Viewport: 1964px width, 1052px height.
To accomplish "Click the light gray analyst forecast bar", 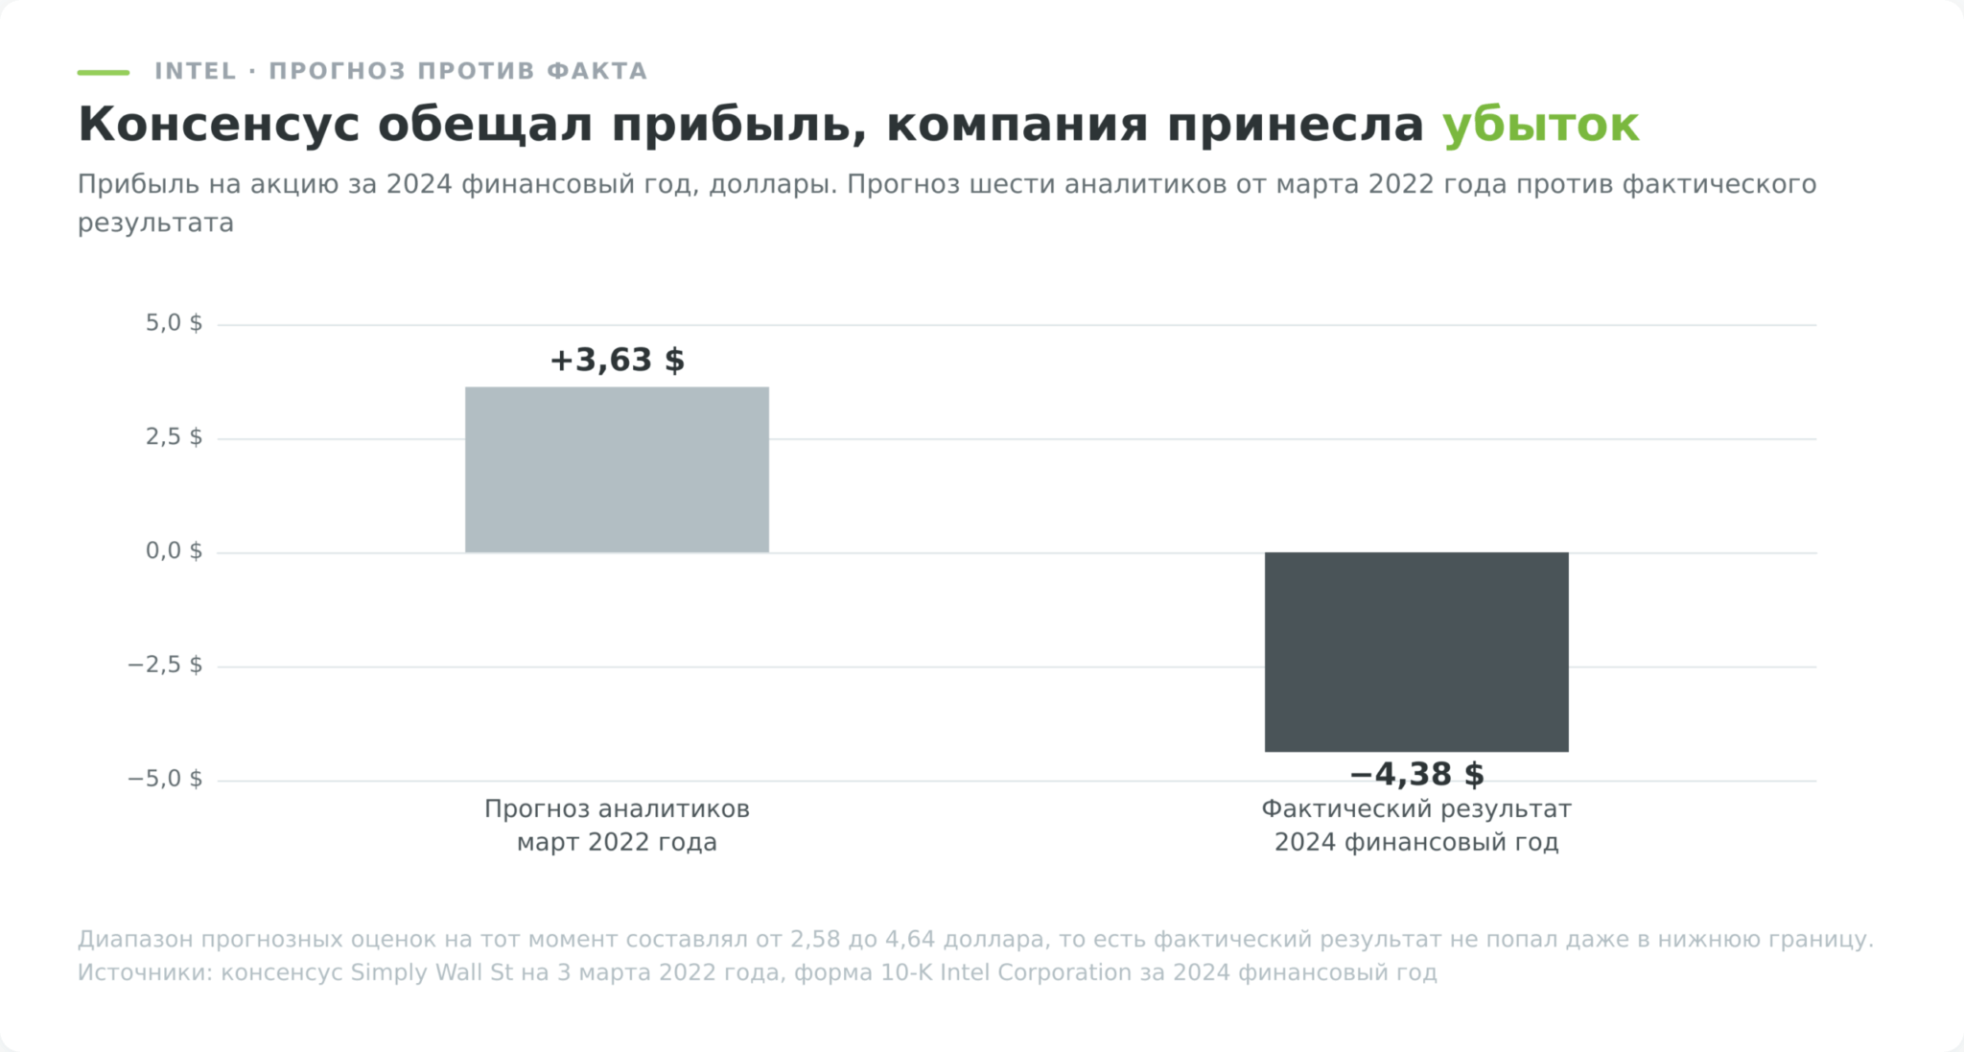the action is [x=617, y=470].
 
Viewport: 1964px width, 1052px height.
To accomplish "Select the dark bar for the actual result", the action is [x=1416, y=652].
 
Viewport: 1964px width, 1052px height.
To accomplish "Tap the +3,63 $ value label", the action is [x=617, y=361].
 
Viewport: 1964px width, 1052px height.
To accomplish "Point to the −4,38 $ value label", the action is [x=1416, y=774].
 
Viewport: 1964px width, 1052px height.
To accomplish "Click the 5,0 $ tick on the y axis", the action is [x=174, y=323].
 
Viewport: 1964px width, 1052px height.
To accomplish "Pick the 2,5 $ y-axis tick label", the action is [x=174, y=437].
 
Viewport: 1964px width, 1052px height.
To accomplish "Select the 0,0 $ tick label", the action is [x=174, y=551].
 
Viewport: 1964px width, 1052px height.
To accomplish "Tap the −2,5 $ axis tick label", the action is [x=165, y=666].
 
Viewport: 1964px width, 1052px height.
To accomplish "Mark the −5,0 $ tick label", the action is [x=165, y=779].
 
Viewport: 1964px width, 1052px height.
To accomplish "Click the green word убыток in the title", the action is [x=1541, y=125].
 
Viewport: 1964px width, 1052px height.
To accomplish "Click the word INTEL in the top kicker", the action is [x=196, y=71].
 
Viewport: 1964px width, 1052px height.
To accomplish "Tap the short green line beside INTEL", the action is [x=104, y=72].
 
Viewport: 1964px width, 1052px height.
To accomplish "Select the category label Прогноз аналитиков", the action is [x=617, y=809].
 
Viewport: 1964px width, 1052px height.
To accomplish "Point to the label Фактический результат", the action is [x=1416, y=809].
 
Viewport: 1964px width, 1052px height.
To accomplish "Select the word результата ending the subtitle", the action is [x=155, y=223].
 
